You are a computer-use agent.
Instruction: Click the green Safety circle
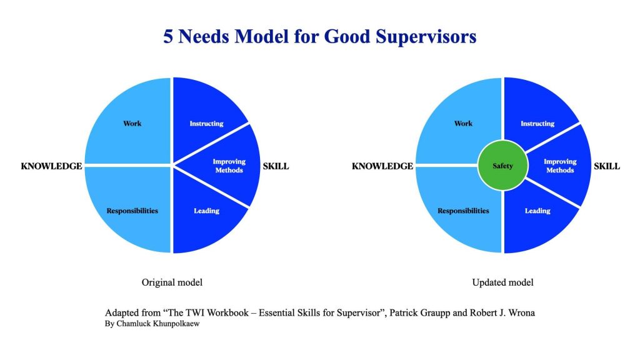pos(503,166)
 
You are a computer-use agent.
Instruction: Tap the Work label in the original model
pos(132,123)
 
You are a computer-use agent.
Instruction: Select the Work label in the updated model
pos(463,123)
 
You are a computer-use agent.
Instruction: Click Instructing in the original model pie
pos(206,123)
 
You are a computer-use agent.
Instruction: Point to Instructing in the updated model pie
pos(537,123)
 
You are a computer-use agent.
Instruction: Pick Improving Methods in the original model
pos(229,166)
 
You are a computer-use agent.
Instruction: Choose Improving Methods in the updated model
pos(560,166)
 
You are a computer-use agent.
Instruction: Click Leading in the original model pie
pos(206,211)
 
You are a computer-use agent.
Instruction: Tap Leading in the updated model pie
pos(537,211)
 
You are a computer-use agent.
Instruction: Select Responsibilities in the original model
pos(132,211)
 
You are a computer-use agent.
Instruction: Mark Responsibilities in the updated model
pos(463,211)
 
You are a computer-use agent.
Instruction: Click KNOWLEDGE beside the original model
pos(51,166)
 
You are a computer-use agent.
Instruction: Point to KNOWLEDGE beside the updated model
pos(382,166)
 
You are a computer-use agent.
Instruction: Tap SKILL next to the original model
pos(276,166)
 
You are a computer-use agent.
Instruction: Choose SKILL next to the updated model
pos(607,166)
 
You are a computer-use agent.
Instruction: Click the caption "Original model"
pos(172,282)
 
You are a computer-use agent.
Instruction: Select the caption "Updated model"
pos(503,282)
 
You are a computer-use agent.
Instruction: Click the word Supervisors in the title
pos(426,36)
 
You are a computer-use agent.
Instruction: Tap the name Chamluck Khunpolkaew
pos(158,324)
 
